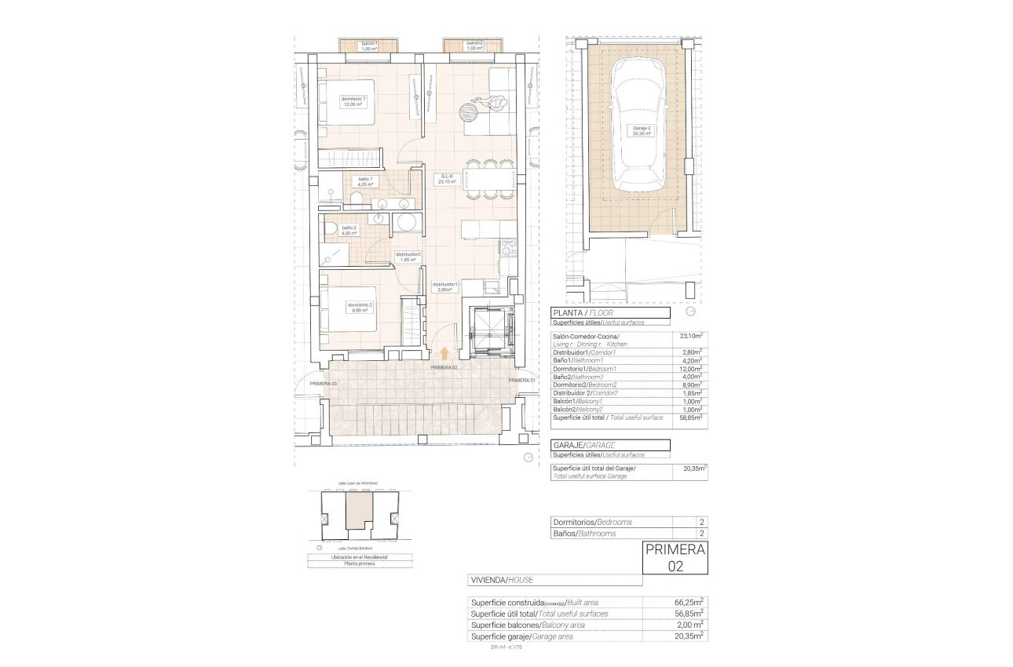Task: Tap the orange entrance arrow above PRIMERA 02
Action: pos(444,355)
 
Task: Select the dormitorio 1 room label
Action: pos(353,101)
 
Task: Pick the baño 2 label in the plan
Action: pos(349,230)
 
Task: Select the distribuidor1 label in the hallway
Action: pos(445,286)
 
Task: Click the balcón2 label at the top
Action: pos(474,46)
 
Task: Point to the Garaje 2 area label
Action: pos(643,131)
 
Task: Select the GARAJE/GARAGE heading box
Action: pos(611,445)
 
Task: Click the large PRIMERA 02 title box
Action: pos(675,557)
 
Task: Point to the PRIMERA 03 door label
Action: pos(323,383)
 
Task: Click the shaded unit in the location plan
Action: pos(358,513)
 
